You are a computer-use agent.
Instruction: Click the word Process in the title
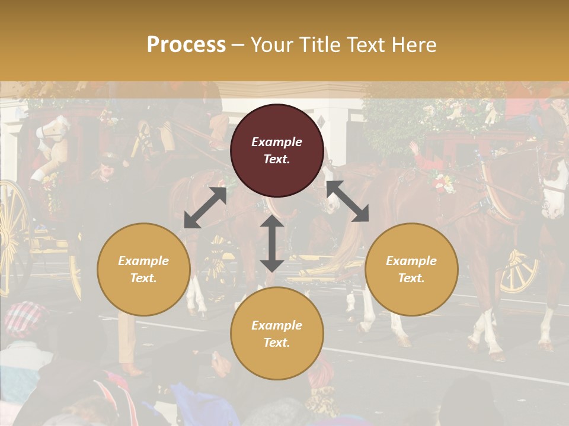[x=186, y=45]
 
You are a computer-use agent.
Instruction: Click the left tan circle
[x=143, y=269]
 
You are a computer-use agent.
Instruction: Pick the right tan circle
[x=411, y=269]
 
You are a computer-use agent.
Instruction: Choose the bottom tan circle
[x=277, y=334]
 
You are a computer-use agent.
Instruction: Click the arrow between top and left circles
[x=205, y=208]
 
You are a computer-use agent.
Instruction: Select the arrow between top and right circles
[x=348, y=202]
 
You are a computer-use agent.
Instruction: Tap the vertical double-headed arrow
[x=271, y=243]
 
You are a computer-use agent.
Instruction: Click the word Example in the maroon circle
[x=277, y=142]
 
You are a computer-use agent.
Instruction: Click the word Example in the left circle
[x=143, y=261]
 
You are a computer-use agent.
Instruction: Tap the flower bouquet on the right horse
[x=443, y=182]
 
